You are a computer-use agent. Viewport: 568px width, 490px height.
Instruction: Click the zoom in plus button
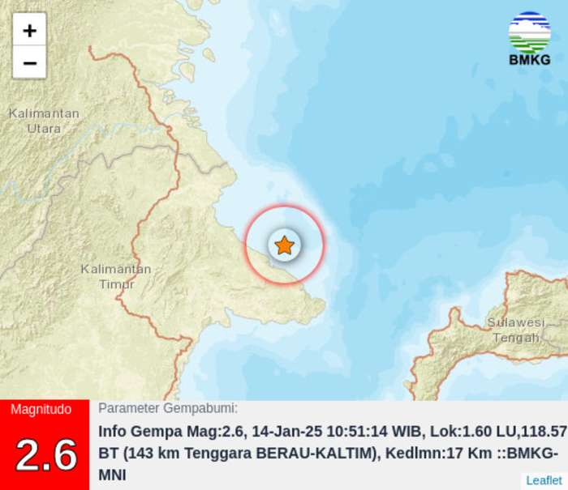pos(29,31)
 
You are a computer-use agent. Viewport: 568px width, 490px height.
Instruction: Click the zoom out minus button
pos(29,62)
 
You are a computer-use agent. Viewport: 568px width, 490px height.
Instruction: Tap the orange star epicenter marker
pos(284,245)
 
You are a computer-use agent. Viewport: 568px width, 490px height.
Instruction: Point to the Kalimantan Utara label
pos(44,121)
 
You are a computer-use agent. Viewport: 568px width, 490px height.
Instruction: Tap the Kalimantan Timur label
pos(116,276)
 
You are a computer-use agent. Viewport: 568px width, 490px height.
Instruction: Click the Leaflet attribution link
pos(543,480)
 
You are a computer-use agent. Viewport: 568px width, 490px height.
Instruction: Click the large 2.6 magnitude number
pos(45,454)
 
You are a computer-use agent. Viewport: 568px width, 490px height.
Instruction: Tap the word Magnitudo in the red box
pos(41,410)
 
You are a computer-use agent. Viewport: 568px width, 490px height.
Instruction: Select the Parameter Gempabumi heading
pos(168,409)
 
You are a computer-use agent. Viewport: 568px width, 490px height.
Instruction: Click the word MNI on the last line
pos(112,475)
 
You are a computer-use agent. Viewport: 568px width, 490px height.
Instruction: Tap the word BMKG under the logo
pos(529,60)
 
